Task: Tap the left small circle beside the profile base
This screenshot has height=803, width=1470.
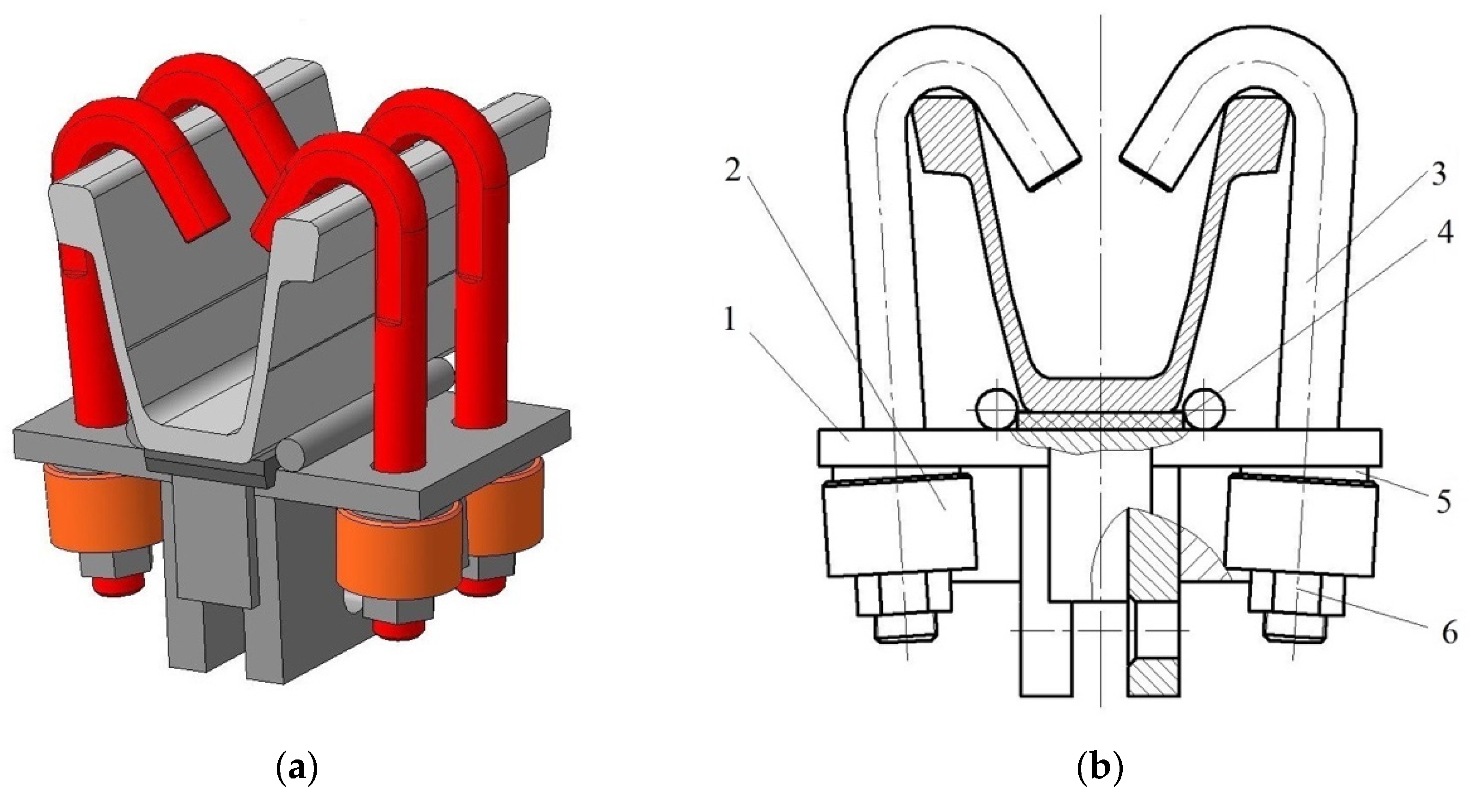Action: pos(996,409)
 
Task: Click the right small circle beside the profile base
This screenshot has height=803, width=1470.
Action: pos(1203,409)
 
